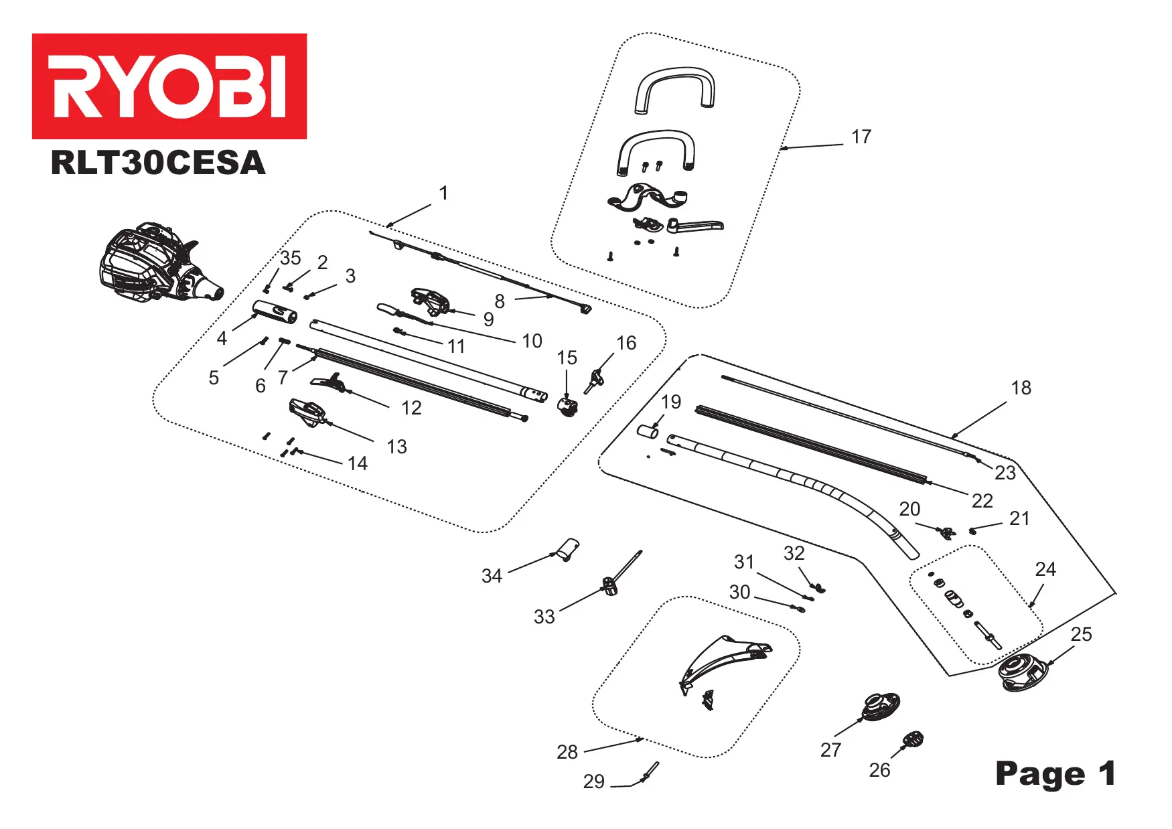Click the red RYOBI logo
coord(169,86)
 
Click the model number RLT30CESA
coord(158,163)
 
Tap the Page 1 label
coord(1055,773)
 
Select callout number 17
coord(861,137)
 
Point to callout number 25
coord(1081,634)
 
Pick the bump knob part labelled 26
coord(913,740)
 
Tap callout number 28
coord(567,752)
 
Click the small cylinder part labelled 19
coord(648,431)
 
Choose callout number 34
coord(492,576)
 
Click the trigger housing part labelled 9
coord(431,301)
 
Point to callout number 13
coord(396,447)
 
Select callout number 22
coord(982,501)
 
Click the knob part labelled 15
coord(568,405)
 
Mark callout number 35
coord(291,258)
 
